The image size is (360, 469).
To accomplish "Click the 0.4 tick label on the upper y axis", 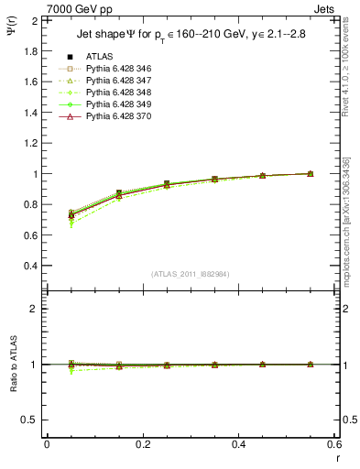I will pyautogui.click(x=30, y=266).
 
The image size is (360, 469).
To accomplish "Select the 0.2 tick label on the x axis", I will pyautogui.click(x=142, y=444).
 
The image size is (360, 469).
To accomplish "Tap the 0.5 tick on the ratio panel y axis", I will pyautogui.click(x=30, y=420).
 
